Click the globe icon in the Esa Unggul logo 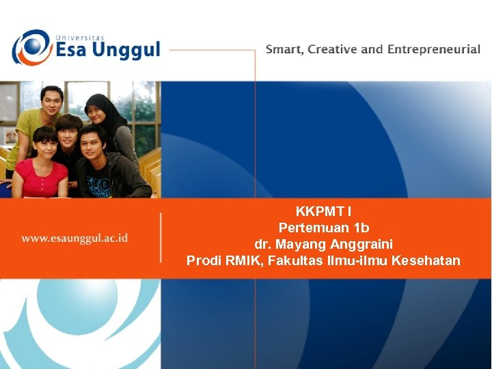pos(30,47)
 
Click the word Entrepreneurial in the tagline pos(433,50)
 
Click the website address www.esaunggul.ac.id pos(75,238)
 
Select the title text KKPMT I pos(324,211)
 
